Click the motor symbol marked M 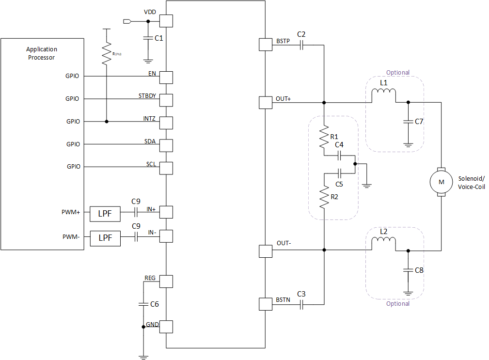441,182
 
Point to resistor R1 323,138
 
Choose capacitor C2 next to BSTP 301,45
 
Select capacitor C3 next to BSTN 301,304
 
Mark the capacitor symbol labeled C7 408,121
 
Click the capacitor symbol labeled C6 143,304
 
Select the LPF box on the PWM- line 106,237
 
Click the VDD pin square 166,21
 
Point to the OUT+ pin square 266,102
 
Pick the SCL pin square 166,168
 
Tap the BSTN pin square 266,304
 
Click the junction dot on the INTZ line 106,122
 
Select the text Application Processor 42,53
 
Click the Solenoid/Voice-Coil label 471,183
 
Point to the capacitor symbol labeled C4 340,156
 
